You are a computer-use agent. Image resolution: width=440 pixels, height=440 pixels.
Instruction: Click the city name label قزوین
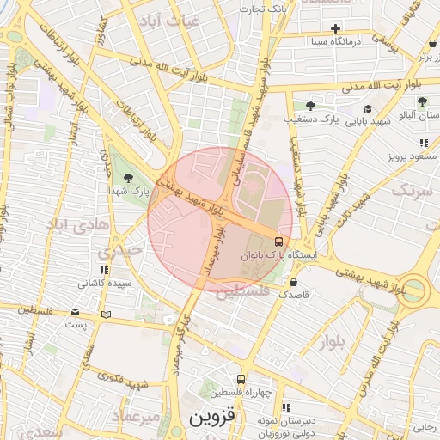coord(211,419)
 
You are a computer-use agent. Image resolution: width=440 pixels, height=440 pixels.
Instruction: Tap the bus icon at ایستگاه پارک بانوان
coord(279,241)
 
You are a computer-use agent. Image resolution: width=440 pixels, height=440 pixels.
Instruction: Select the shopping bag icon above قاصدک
coord(295,282)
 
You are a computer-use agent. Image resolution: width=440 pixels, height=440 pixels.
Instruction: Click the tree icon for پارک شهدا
coord(128,177)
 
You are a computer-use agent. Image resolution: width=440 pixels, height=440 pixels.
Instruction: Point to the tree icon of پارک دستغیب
coord(310,105)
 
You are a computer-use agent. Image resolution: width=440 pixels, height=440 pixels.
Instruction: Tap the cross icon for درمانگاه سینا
coord(335,28)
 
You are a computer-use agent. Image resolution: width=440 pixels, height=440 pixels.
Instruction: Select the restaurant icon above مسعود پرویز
coord(423,144)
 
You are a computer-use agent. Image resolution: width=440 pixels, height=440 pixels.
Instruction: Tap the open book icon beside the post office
coord(106,315)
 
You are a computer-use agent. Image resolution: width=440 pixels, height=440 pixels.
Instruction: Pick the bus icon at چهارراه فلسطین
coord(241,379)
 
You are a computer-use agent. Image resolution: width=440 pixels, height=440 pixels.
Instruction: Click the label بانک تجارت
coord(265,9)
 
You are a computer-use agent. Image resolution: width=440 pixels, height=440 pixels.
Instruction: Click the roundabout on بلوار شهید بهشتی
coord(416,290)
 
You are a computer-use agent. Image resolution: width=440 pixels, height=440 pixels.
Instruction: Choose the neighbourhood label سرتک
coord(410,191)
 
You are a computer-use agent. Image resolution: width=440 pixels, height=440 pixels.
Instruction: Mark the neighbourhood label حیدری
coord(115,253)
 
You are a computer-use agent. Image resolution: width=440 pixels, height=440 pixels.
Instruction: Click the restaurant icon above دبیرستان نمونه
coord(286,406)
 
